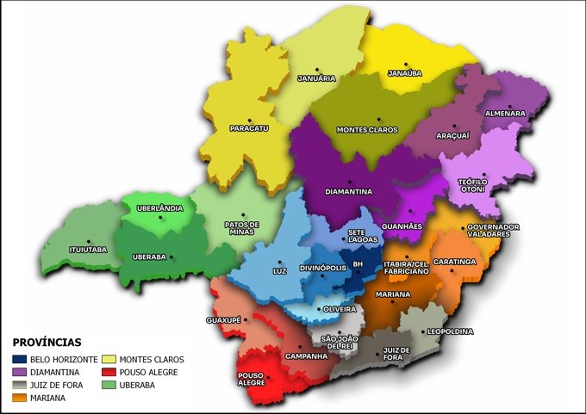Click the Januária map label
[315, 78]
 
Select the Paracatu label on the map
[249, 128]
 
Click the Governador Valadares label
[493, 230]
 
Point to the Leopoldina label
[449, 330]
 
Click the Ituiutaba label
[88, 250]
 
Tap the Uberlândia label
[160, 208]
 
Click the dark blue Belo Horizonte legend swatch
[19, 359]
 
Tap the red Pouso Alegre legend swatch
[109, 372]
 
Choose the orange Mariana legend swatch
[19, 398]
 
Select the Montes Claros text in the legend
[152, 359]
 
